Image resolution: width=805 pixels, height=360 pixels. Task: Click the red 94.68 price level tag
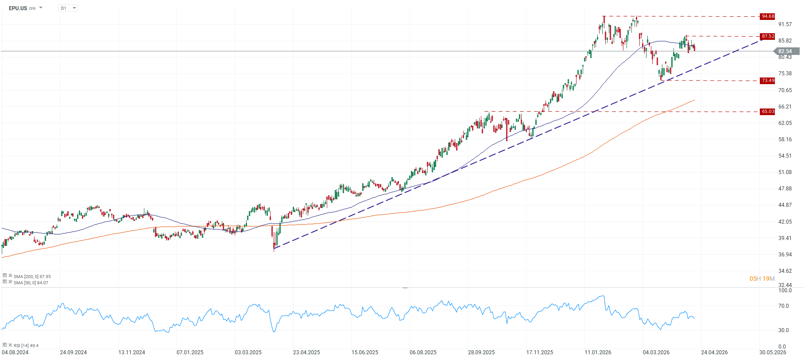coord(767,16)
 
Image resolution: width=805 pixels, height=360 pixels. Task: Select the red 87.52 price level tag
coord(767,36)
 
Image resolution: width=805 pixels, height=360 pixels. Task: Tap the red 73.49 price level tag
coord(767,81)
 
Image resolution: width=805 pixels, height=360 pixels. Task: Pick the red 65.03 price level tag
coord(767,112)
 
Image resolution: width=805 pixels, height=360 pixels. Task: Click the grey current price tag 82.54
coord(786,51)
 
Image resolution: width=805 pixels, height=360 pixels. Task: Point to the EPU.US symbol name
coord(18,8)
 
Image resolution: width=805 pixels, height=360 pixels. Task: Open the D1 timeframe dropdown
coord(68,8)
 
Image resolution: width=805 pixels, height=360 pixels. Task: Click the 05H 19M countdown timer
coord(762,279)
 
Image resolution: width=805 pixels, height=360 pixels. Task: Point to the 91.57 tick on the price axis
coord(785,24)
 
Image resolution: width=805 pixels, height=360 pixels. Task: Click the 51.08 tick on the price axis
coord(785,172)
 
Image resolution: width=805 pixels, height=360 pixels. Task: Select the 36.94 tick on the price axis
coord(785,255)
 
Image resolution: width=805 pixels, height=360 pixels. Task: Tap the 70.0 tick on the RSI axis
coord(783,306)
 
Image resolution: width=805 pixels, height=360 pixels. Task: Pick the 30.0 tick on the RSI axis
coord(783,330)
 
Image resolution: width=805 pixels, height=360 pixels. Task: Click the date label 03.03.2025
coord(248,352)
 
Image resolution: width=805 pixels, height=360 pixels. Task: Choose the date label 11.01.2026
coord(598,352)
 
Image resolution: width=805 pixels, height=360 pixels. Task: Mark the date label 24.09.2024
coord(74,352)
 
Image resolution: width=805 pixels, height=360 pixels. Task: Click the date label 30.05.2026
coord(773,352)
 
